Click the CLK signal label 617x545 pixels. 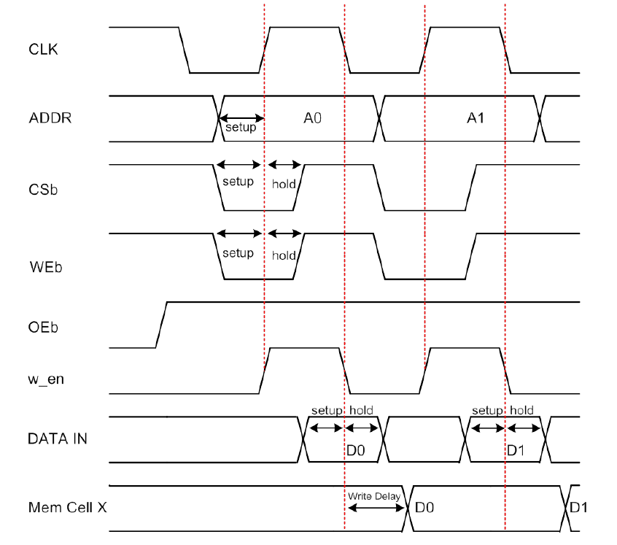(43, 50)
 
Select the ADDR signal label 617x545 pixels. (50, 117)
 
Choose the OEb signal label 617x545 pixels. (43, 326)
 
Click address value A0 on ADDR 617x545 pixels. (313, 117)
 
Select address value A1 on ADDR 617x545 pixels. (476, 117)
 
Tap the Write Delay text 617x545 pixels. (374, 496)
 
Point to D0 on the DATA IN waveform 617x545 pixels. (355, 450)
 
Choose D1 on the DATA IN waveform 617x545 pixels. (516, 450)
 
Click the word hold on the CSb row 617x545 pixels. (284, 184)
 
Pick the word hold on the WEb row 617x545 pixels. (284, 255)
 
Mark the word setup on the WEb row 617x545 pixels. (238, 252)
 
